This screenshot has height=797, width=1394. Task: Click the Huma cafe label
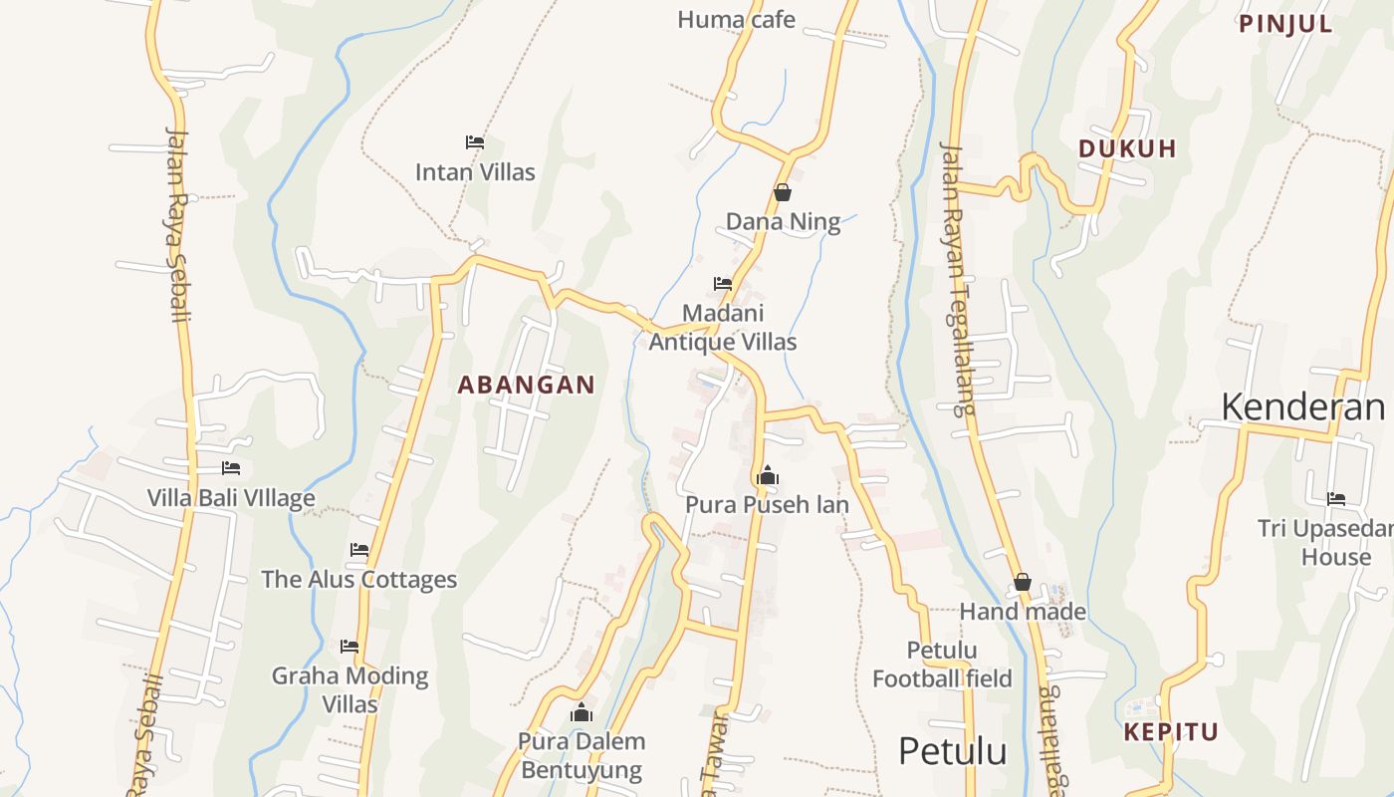click(x=736, y=19)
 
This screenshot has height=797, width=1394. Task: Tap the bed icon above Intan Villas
click(x=475, y=142)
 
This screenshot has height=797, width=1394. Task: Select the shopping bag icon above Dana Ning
click(x=783, y=192)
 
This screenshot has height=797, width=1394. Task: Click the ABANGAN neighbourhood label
click(x=526, y=385)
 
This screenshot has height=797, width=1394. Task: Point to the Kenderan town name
click(x=1302, y=407)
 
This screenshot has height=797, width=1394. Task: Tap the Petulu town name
click(x=952, y=751)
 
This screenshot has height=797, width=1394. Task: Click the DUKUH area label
click(x=1127, y=149)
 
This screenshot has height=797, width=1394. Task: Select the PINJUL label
click(x=1285, y=25)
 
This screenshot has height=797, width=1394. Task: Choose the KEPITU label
click(x=1171, y=732)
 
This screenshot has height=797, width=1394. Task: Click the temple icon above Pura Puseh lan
click(x=767, y=476)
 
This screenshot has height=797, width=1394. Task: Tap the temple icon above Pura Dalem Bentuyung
click(x=581, y=713)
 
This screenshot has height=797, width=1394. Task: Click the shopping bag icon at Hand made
click(x=1023, y=583)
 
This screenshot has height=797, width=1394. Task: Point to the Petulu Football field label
click(x=942, y=664)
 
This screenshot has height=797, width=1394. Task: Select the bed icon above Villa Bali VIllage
click(x=231, y=468)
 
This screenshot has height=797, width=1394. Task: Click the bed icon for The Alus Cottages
click(x=359, y=550)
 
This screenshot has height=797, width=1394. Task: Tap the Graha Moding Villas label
click(x=349, y=689)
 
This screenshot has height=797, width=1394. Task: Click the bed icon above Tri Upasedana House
click(x=1336, y=499)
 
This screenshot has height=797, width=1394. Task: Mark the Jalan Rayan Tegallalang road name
click(x=956, y=279)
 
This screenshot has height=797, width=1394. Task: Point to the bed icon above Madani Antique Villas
click(x=723, y=284)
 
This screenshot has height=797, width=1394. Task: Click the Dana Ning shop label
click(x=783, y=221)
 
